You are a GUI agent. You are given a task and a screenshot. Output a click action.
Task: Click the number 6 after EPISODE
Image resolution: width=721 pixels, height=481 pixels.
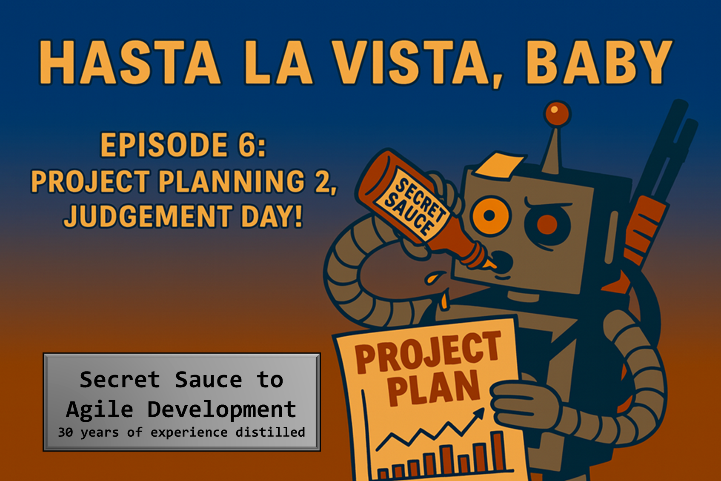[247, 145]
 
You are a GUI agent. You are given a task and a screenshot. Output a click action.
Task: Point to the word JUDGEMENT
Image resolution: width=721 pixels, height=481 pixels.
[149, 216]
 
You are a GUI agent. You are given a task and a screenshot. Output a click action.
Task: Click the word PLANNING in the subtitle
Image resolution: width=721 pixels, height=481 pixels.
[232, 181]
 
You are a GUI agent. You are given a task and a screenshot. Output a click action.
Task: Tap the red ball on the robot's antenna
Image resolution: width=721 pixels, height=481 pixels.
[557, 113]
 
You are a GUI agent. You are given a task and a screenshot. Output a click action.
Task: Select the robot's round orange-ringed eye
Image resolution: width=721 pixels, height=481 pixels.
[490, 215]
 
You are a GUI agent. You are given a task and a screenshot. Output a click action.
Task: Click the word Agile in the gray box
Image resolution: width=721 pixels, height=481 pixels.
[100, 410]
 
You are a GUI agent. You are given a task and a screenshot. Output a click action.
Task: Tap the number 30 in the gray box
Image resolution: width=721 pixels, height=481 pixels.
[65, 432]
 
